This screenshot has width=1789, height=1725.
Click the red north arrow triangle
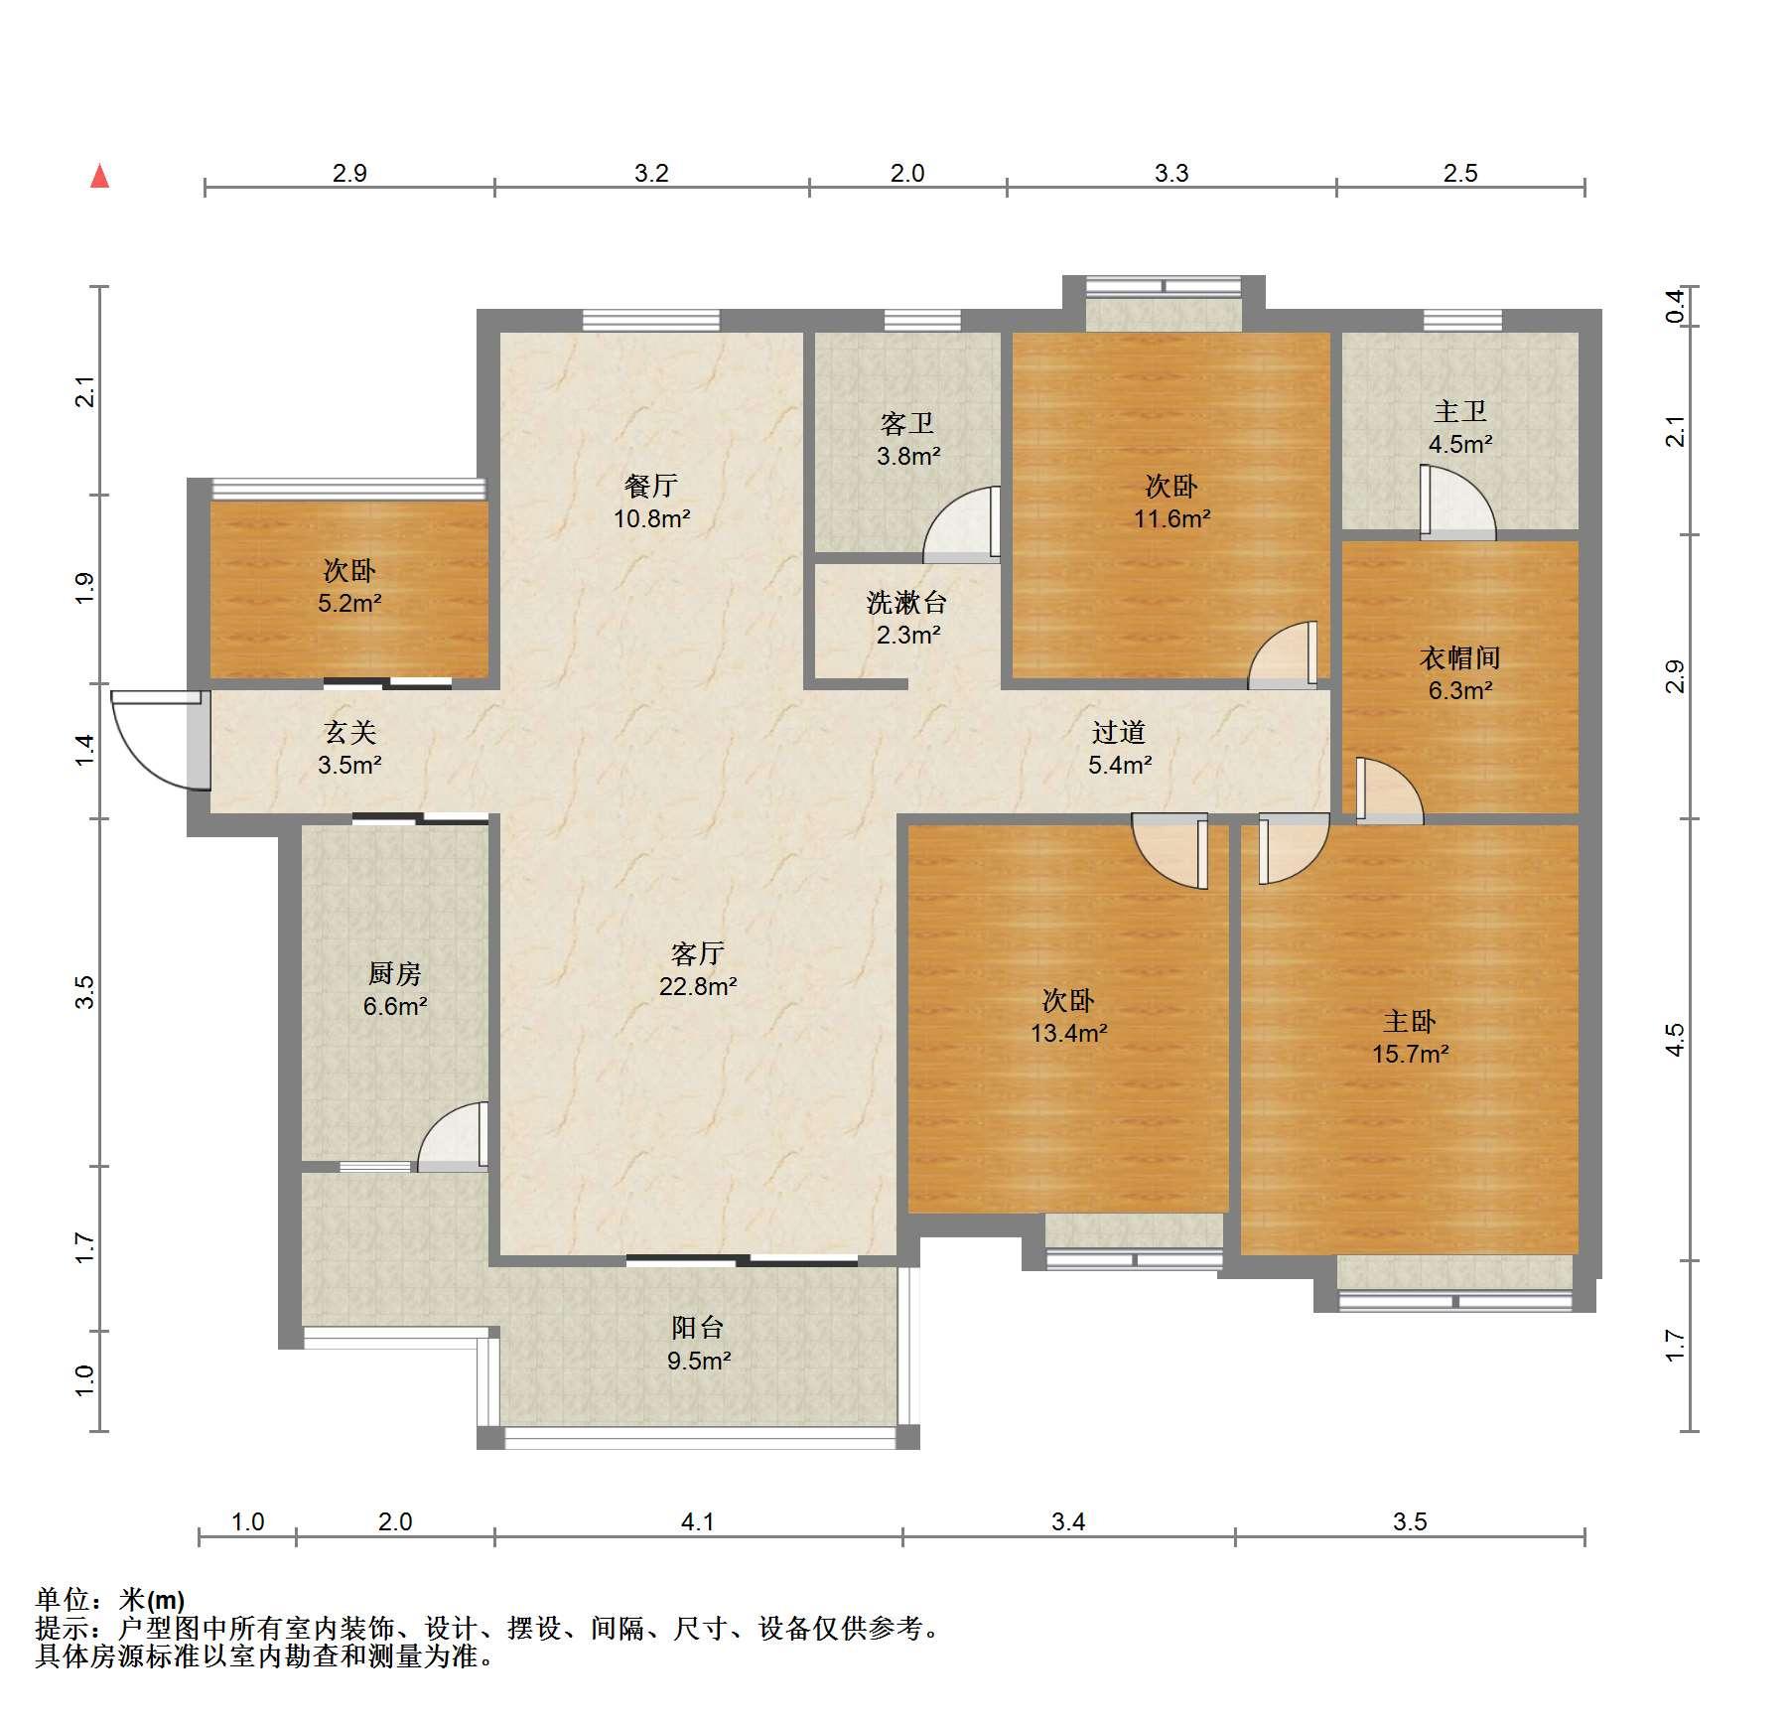click(99, 176)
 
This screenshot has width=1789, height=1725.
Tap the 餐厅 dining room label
click(651, 486)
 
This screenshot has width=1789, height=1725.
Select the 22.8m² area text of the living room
click(698, 986)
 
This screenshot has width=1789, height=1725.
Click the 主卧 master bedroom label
click(1410, 1021)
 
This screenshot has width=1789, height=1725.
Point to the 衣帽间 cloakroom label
click(1459, 657)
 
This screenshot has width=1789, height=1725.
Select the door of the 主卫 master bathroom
click(1457, 503)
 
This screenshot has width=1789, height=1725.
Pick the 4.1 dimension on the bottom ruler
click(698, 1521)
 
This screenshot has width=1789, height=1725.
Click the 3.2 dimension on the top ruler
click(651, 173)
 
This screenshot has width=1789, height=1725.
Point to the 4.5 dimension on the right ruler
click(1675, 1039)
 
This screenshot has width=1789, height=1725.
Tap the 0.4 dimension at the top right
click(1675, 305)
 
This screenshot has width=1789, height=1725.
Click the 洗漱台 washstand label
click(907, 602)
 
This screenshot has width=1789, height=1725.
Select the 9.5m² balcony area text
click(699, 1361)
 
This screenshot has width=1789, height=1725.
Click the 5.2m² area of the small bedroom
click(349, 603)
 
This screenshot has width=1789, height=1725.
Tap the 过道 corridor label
click(1119, 732)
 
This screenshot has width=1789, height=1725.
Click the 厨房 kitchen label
click(395, 973)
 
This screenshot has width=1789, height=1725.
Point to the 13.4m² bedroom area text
click(1069, 1033)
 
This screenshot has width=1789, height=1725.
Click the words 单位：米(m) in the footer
click(110, 1600)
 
